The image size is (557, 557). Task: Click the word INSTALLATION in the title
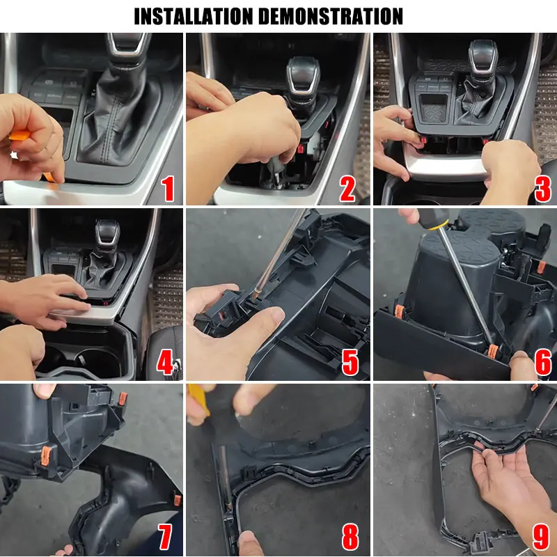coord(194,16)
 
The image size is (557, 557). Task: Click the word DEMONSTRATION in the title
coord(330,16)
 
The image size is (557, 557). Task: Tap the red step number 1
coord(168,189)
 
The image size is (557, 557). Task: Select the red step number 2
coord(347,189)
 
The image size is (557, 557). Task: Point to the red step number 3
coord(543,189)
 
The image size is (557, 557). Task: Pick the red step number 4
coord(165,362)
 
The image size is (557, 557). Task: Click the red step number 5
coord(350,362)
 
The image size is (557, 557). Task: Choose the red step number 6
coord(543,362)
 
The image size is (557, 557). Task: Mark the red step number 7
coord(166,536)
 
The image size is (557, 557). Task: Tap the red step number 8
coord(350,536)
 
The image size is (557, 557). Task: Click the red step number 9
coord(542,536)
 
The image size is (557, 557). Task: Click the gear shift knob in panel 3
coord(483,59)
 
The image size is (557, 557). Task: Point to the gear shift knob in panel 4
coord(107,233)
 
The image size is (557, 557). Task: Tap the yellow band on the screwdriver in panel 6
coord(439,225)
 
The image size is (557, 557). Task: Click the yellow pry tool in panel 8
coord(199,400)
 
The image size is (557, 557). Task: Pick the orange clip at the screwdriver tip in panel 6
coord(492,352)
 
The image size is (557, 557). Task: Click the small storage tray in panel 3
coord(433,108)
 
